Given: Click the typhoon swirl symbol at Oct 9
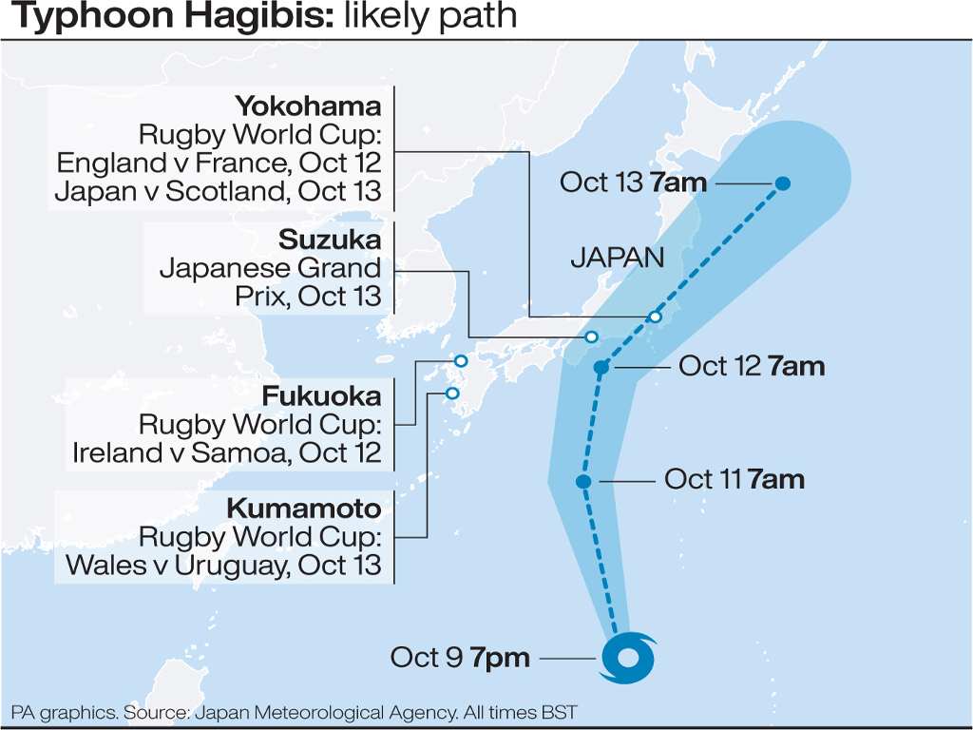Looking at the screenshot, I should point(627,657).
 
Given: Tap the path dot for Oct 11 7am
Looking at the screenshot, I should point(584,482).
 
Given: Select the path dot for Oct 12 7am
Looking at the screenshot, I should point(601,368).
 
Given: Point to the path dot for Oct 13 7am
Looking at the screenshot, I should point(783,183).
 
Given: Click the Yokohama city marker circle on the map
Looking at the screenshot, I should point(655,317).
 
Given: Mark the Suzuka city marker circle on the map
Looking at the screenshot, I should point(591,337).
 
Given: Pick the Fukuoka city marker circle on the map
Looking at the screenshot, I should point(461,361).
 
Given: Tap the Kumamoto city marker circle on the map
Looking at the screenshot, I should point(452,394).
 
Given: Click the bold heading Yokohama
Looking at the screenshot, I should point(308,105).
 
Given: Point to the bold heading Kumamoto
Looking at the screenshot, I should point(303,509).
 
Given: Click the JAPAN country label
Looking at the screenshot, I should point(617,258).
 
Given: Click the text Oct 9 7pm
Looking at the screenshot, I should point(460,657).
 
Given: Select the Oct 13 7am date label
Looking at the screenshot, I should point(633,182).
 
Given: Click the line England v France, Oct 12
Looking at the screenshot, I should point(219,162).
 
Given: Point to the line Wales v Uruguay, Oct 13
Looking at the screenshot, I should point(223,566).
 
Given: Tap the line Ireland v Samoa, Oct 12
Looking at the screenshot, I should point(227,452).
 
